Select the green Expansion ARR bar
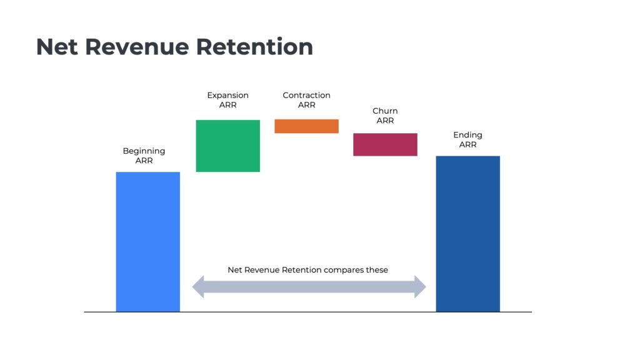pyautogui.click(x=227, y=146)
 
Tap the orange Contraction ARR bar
pyautogui.click(x=306, y=126)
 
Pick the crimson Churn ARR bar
pyautogui.click(x=385, y=144)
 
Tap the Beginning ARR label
pyautogui.click(x=144, y=156)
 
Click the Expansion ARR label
pyautogui.click(x=227, y=100)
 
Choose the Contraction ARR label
pyautogui.click(x=306, y=100)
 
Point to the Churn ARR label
pyautogui.click(x=385, y=116)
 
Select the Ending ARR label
pyautogui.click(x=467, y=139)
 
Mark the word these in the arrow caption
pyautogui.click(x=377, y=270)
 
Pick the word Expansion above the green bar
pyautogui.click(x=227, y=96)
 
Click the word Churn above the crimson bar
pyautogui.click(x=385, y=111)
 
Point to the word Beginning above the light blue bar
pyautogui.click(x=144, y=151)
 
